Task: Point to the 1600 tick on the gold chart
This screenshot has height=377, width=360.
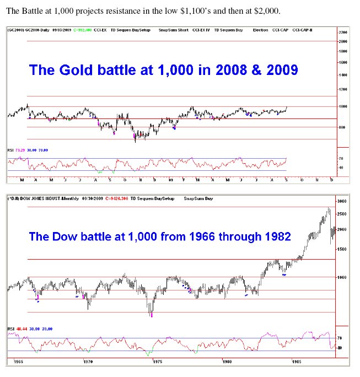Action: pyautogui.click(x=343, y=63)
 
